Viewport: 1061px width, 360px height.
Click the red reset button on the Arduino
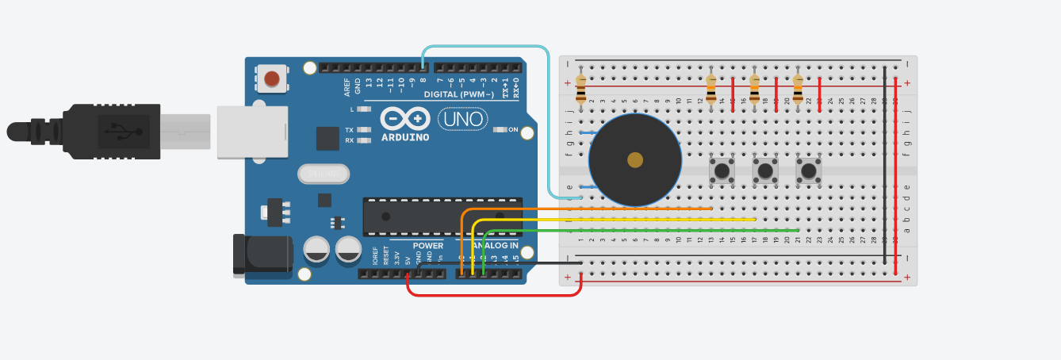[x=272, y=79]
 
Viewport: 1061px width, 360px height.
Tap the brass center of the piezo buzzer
[x=635, y=160]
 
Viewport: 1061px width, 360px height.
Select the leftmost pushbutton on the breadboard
[x=722, y=170]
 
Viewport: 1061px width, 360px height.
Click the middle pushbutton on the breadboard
[x=765, y=170]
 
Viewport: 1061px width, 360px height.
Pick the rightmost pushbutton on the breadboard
[x=808, y=170]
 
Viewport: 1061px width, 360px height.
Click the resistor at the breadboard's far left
[x=581, y=89]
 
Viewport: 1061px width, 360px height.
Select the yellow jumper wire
[x=634, y=220]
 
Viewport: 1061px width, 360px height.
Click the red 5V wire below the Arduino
[x=492, y=295]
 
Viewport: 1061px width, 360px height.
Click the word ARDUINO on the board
[x=405, y=137]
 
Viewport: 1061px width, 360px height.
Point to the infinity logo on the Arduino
[x=405, y=119]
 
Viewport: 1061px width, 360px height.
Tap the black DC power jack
[x=262, y=254]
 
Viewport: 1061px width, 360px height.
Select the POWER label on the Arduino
[x=427, y=245]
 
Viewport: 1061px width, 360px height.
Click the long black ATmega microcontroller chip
[x=442, y=216]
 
